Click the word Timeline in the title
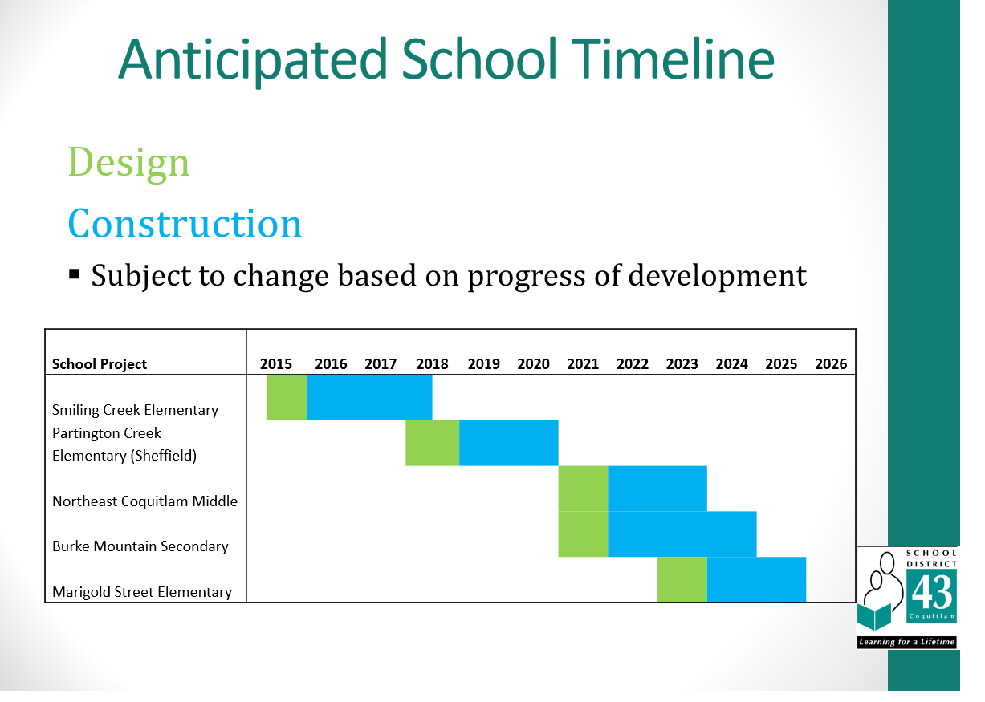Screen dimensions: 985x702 point(673,59)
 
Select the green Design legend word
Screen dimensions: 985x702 point(128,163)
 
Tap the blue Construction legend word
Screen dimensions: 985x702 point(185,223)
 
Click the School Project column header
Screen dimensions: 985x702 point(100,364)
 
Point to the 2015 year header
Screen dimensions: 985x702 point(275,364)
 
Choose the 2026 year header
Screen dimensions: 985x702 point(831,364)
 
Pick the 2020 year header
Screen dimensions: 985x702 point(533,364)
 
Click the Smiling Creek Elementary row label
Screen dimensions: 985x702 point(135,410)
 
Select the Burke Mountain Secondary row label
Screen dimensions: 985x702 point(140,546)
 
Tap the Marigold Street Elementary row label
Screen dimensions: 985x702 point(141,591)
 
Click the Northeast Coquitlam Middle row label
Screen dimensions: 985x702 point(144,501)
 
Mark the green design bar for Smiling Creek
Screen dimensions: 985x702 point(287,397)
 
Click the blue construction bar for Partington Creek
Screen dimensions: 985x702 point(509,443)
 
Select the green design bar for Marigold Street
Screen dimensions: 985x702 point(682,579)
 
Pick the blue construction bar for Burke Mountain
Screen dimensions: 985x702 point(682,534)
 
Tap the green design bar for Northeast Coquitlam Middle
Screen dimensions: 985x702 point(583,489)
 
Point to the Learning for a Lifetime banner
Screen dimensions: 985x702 point(906,642)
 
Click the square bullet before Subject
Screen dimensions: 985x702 point(74,274)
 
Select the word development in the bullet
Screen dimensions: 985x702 point(717,277)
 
